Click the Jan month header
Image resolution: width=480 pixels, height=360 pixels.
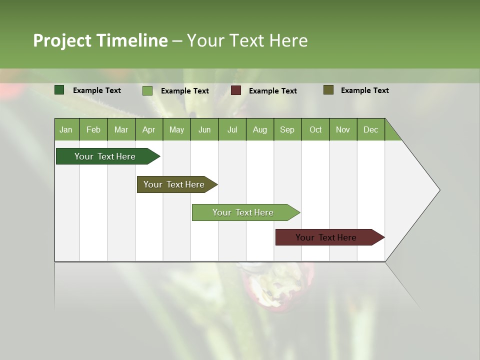pos(66,129)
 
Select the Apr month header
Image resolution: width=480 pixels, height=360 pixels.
pos(149,129)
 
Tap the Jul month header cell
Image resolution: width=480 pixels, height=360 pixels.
pos(232,129)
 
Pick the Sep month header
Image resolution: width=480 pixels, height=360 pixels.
pos(287,129)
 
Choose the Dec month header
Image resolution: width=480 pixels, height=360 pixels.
pos(370,129)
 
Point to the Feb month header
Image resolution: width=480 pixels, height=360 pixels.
pos(93,129)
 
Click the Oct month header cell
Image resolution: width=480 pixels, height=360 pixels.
pos(315,129)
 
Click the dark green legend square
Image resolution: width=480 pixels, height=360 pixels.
pos(59,90)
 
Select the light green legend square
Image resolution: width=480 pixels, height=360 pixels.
pos(147,90)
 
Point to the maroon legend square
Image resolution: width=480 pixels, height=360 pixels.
pos(236,90)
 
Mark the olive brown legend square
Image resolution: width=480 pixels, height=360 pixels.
pos(328,90)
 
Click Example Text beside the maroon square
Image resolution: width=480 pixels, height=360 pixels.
pos(272,91)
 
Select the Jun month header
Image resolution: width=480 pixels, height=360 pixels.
pos(204,129)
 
